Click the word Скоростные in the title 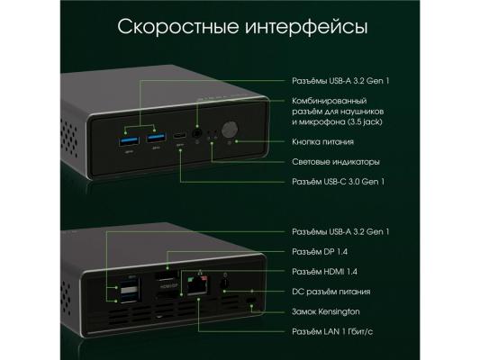click(177, 27)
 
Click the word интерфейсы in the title click(306, 27)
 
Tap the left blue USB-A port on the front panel click(129, 140)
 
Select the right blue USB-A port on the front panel click(157, 138)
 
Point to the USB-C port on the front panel click(180, 135)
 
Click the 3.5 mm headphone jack click(197, 133)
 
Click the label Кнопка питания click(322, 142)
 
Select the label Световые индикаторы click(336, 162)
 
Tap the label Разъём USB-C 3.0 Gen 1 click(338, 182)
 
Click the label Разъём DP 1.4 click(320, 252)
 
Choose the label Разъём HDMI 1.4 click(324, 272)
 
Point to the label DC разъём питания click(331, 292)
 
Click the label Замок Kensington click(326, 311)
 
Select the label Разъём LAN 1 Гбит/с click(332, 331)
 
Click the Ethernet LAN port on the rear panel click(197, 285)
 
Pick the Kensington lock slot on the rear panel click(251, 301)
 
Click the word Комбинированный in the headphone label click(329, 101)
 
